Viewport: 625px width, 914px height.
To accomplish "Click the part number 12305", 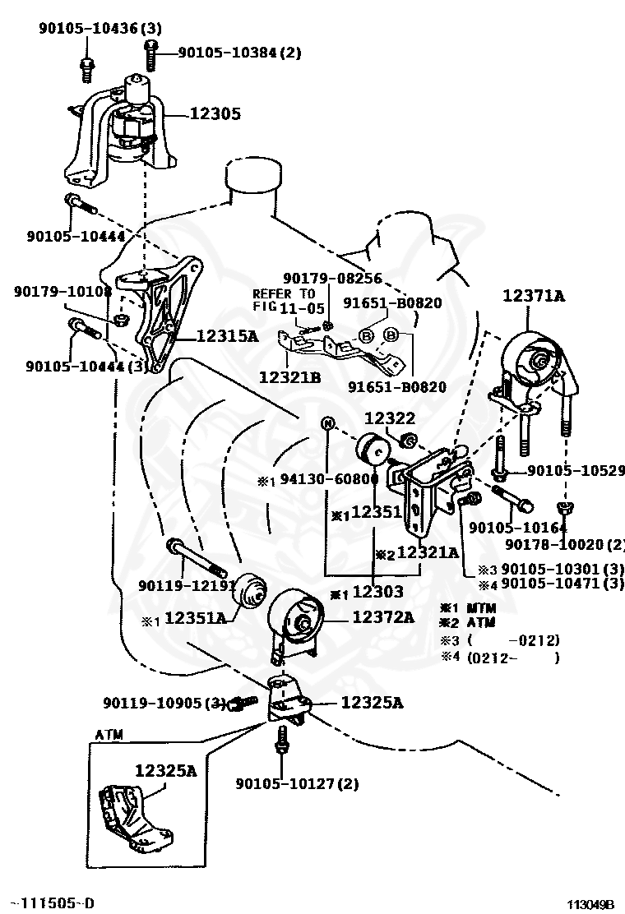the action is pyautogui.click(x=215, y=113).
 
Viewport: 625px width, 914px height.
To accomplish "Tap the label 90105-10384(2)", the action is pyautogui.click(x=239, y=53).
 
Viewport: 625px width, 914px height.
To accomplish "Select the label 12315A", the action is pyautogui.click(x=227, y=335).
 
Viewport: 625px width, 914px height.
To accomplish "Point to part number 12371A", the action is pyautogui.click(x=534, y=296).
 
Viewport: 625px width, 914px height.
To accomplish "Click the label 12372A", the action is pyautogui.click(x=383, y=616).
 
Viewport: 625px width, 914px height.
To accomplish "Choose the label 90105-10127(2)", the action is pyautogui.click(x=298, y=784).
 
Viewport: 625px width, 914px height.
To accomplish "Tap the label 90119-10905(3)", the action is pyautogui.click(x=164, y=703).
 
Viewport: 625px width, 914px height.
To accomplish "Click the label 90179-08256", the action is pyautogui.click(x=333, y=278).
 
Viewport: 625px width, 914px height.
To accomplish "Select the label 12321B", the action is pyautogui.click(x=289, y=378).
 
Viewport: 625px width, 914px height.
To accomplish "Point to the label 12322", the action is pyautogui.click(x=390, y=418).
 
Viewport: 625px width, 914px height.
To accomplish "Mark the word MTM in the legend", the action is pyautogui.click(x=481, y=608).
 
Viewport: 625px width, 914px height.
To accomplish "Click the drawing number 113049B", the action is pyautogui.click(x=591, y=904).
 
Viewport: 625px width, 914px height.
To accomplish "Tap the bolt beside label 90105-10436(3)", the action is pyautogui.click(x=86, y=69).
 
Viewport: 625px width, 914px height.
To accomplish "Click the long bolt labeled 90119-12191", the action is pyautogui.click(x=196, y=556).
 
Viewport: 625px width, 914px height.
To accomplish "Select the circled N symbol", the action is pyautogui.click(x=328, y=423).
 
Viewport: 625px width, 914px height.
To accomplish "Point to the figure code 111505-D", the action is pyautogui.click(x=54, y=903).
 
